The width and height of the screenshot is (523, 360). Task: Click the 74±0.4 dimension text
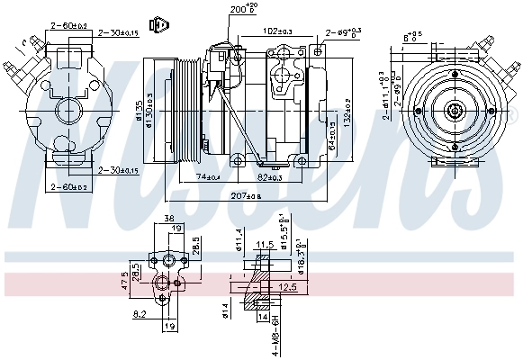click(x=208, y=176)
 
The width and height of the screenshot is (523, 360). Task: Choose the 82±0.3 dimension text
click(x=269, y=176)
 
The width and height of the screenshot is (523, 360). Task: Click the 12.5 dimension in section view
click(x=288, y=287)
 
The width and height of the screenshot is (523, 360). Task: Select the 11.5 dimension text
click(x=265, y=245)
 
